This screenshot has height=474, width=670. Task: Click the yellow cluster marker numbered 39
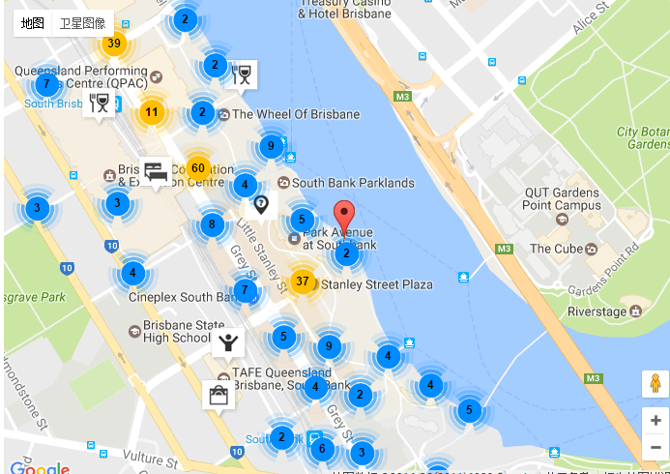(x=114, y=44)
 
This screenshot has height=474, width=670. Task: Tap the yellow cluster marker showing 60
(x=198, y=168)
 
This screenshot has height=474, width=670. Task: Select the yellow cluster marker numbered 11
(x=151, y=112)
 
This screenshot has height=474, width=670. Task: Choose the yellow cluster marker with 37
(x=302, y=281)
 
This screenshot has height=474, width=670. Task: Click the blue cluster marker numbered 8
(x=212, y=225)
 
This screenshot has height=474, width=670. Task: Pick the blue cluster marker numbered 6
(x=322, y=448)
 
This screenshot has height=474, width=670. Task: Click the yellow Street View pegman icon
(x=655, y=384)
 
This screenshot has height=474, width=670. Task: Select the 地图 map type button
(x=33, y=22)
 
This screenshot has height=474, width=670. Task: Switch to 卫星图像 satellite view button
(x=82, y=22)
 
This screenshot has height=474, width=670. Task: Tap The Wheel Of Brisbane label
(x=295, y=114)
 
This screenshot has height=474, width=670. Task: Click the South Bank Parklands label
(x=353, y=182)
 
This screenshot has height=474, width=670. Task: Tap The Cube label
(x=554, y=249)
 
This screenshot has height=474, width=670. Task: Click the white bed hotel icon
(x=155, y=170)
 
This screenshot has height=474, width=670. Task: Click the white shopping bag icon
(x=218, y=395)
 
